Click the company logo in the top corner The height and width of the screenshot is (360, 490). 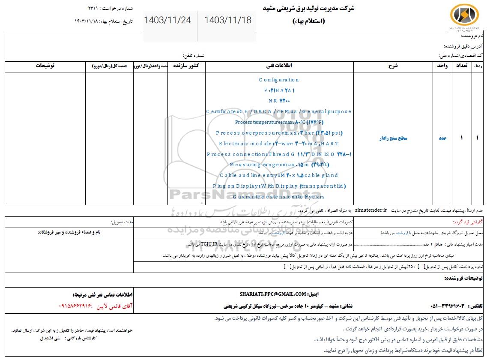click(x=464, y=16)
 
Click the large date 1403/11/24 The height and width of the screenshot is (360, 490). click(x=167, y=20)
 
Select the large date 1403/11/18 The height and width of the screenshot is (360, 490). click(x=228, y=20)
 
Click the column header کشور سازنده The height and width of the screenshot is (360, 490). click(x=188, y=66)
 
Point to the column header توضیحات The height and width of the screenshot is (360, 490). click(x=45, y=66)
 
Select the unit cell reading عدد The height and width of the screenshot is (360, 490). click(x=442, y=138)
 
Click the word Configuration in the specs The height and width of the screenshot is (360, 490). click(x=279, y=80)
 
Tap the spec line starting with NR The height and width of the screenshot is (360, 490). click(x=279, y=101)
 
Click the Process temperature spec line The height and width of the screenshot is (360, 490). click(x=279, y=122)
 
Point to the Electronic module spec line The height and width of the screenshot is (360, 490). click(x=279, y=144)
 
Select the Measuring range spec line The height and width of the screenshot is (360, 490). click(x=279, y=165)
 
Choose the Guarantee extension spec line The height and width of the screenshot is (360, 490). click(x=279, y=197)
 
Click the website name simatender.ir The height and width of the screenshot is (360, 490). click(x=370, y=210)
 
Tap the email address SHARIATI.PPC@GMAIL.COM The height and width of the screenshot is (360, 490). click(x=273, y=294)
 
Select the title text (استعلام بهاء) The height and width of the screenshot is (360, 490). click(x=308, y=21)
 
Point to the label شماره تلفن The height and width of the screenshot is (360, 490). click(x=194, y=56)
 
